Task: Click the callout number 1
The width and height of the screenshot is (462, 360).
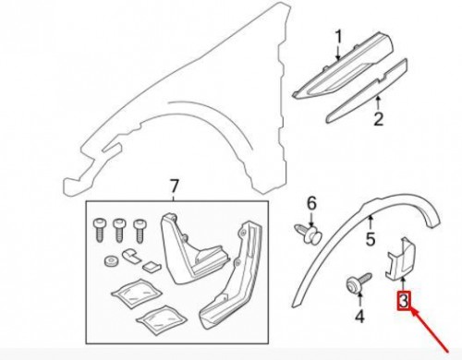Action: [x=338, y=37]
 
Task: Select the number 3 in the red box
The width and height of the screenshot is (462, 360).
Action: [x=403, y=301]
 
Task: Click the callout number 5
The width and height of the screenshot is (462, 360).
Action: [x=369, y=243]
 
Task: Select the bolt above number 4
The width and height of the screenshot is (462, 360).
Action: [x=354, y=283]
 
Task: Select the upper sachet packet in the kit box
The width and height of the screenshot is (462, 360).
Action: [x=131, y=294]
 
